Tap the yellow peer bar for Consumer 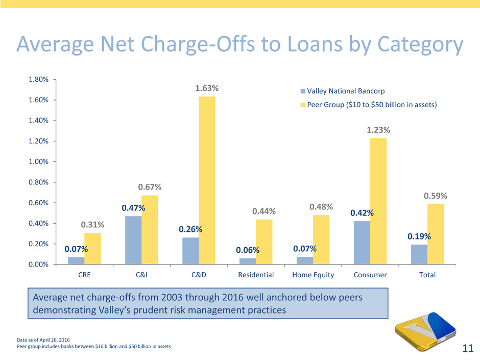[x=378, y=201]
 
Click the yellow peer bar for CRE [x=92, y=248]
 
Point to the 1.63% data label [x=207, y=89]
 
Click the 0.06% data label [x=248, y=250]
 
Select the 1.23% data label [x=378, y=131]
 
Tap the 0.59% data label [x=436, y=196]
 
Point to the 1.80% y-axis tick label [x=38, y=80]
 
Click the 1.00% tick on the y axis [x=38, y=162]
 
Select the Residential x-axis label [x=256, y=275]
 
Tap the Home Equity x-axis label [x=313, y=275]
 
